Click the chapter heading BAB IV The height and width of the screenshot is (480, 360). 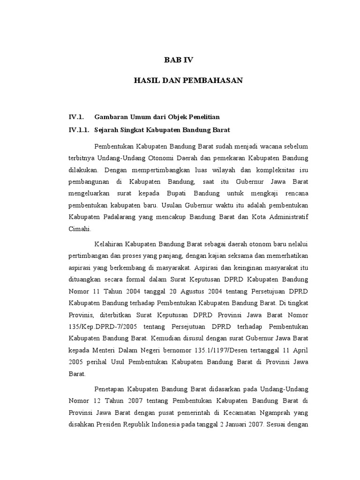(x=178, y=60)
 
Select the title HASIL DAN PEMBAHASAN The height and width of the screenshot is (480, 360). (x=188, y=81)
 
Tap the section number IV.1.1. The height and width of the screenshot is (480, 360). (x=79, y=129)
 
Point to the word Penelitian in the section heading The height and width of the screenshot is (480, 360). (x=202, y=116)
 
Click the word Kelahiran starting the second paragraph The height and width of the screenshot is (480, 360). (x=110, y=244)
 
